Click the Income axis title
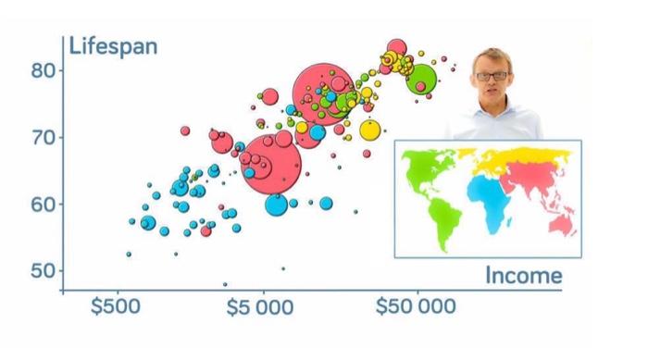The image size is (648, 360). (523, 275)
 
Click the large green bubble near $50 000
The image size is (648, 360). (421, 78)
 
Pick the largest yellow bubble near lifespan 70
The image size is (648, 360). (370, 130)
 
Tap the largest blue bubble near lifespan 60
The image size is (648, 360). (276, 203)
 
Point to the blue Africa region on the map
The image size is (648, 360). (488, 196)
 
